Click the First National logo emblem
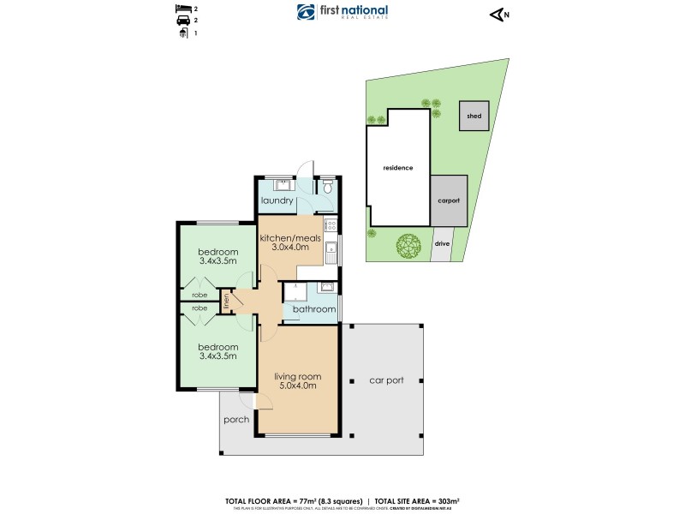307,12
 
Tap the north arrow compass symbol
497,13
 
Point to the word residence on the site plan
397,168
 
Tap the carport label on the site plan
449,200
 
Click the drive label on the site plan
442,243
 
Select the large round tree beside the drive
408,246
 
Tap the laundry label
278,201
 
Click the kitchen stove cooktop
331,226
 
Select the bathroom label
313,308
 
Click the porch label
235,420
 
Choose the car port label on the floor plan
385,380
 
